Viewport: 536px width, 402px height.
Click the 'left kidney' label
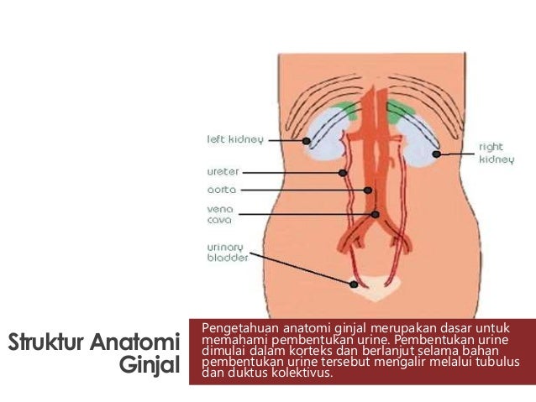(x=235, y=139)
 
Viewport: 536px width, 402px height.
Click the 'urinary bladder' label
(x=228, y=253)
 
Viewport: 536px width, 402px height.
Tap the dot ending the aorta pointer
(x=368, y=191)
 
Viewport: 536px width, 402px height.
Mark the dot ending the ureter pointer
(x=343, y=173)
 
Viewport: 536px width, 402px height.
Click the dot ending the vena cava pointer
(x=376, y=215)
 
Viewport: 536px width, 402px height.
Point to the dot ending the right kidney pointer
(x=437, y=154)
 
